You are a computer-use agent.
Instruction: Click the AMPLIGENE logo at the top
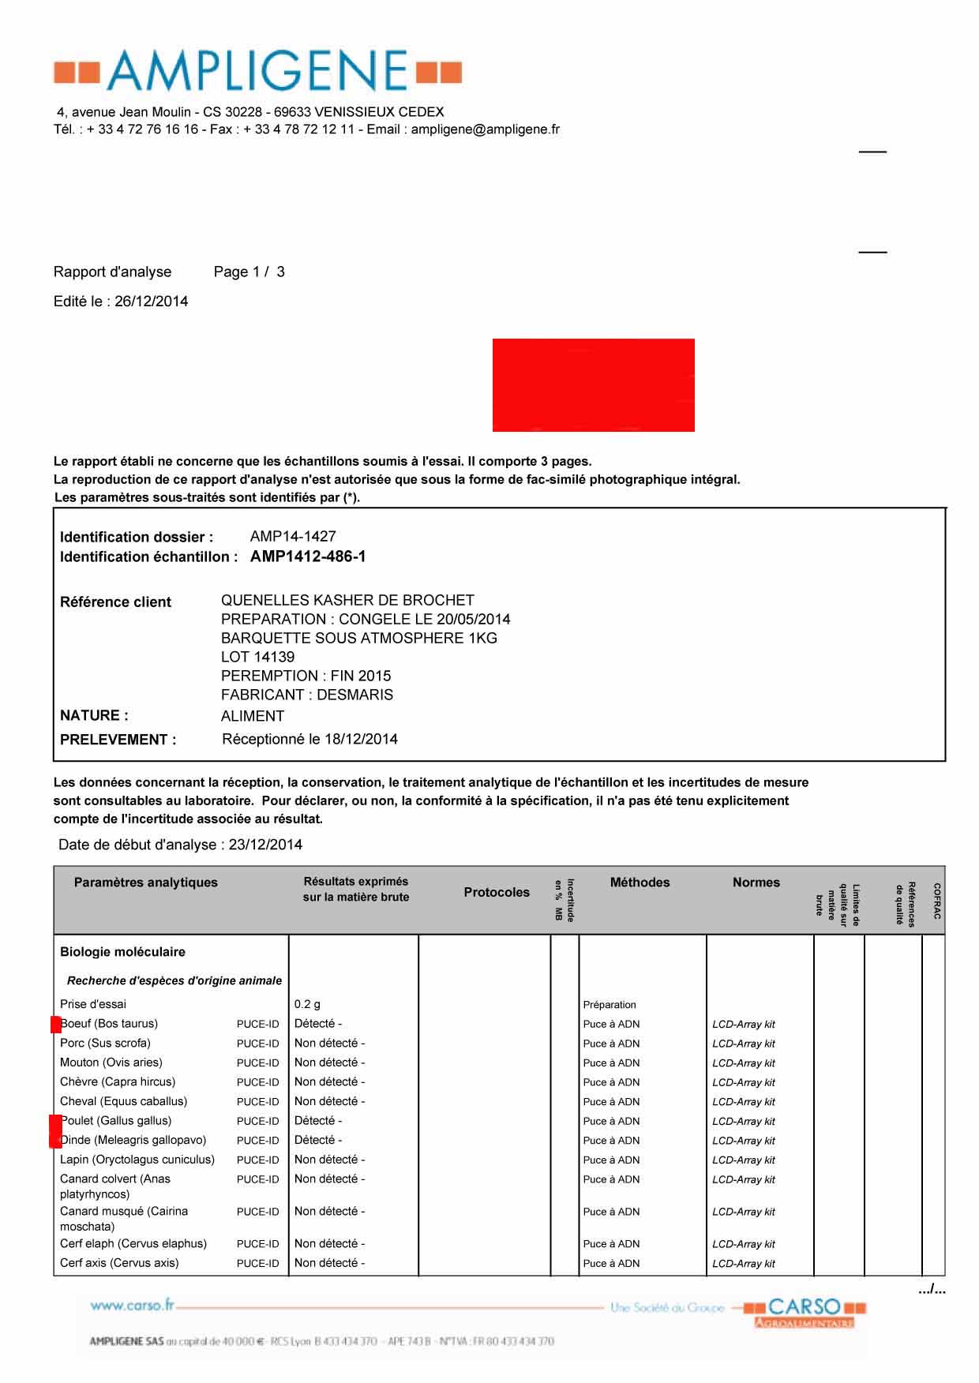[257, 70]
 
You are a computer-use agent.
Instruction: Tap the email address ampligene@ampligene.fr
[485, 129]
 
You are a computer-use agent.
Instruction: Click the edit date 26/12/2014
[151, 302]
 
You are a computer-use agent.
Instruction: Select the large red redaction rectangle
[593, 385]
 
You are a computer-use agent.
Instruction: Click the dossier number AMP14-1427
[293, 537]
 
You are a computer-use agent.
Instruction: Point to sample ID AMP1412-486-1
[308, 557]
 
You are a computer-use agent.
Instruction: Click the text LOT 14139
[257, 657]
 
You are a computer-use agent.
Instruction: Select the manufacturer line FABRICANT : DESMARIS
[306, 695]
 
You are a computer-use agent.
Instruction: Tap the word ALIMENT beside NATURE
[253, 717]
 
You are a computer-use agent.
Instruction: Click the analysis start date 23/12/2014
[265, 845]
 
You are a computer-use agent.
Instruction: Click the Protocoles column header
[497, 892]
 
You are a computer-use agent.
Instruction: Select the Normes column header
[756, 883]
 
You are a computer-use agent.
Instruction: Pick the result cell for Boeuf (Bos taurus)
[317, 1024]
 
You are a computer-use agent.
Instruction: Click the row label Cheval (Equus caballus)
[123, 1101]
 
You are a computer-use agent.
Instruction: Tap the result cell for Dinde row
[317, 1140]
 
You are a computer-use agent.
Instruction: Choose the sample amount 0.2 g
[307, 1004]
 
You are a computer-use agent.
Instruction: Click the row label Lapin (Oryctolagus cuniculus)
[137, 1160]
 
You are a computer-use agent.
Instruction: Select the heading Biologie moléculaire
[122, 952]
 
